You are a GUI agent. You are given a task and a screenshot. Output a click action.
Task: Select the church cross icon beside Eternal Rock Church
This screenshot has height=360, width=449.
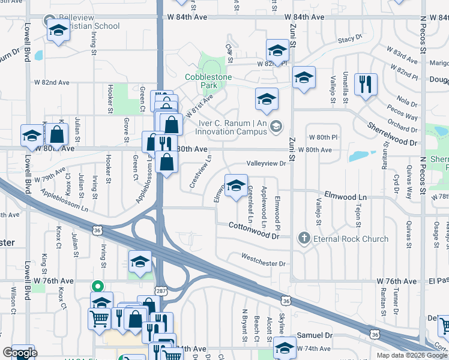point(304,239)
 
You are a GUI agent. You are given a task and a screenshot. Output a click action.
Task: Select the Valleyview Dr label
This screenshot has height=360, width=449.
point(265,163)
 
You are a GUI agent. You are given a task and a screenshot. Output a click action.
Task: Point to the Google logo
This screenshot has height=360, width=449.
point(19,353)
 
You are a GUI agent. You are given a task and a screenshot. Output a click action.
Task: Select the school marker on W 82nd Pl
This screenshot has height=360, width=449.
point(277,52)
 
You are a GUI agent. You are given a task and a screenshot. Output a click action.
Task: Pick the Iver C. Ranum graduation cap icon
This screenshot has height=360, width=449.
point(276,125)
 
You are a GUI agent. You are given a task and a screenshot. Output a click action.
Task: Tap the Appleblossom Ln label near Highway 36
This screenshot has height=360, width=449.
point(64,201)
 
